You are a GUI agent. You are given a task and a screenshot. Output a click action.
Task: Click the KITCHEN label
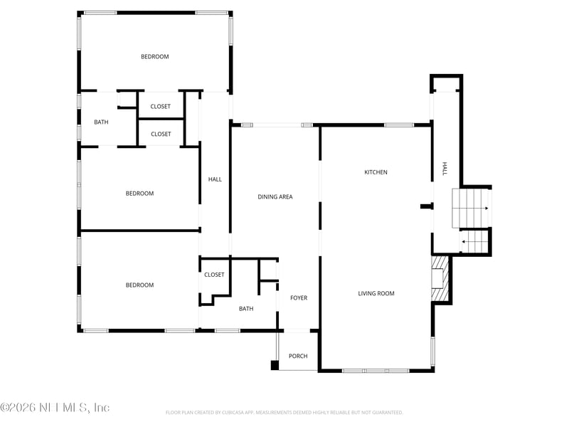coord(376,172)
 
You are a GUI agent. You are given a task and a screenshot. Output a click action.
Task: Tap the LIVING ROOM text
coord(376,293)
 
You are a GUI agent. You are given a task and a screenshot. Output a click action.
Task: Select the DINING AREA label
coord(275,197)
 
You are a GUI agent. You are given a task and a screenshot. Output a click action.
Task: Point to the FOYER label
coord(299,297)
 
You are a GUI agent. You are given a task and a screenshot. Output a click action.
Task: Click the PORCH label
coord(298,356)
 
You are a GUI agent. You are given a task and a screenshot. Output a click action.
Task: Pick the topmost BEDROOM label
coord(154,57)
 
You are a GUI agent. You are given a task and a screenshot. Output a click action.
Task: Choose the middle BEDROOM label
coord(139,194)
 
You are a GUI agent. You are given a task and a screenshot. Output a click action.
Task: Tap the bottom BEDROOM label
coord(139,285)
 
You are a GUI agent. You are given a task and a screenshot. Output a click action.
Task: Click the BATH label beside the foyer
coord(246,309)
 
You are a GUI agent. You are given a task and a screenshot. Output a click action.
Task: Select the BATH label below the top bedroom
coord(102,122)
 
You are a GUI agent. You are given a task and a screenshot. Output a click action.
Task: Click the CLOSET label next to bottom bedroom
coord(214,275)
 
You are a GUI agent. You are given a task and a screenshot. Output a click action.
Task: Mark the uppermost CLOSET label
coord(160,107)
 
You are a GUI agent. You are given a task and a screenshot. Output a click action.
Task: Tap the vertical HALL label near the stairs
coord(445,169)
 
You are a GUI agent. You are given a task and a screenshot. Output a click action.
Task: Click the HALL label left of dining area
coord(215,179)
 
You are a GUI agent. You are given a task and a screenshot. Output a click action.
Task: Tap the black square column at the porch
coord(275,366)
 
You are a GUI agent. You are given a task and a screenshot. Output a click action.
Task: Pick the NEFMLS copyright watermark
coord(55,408)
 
